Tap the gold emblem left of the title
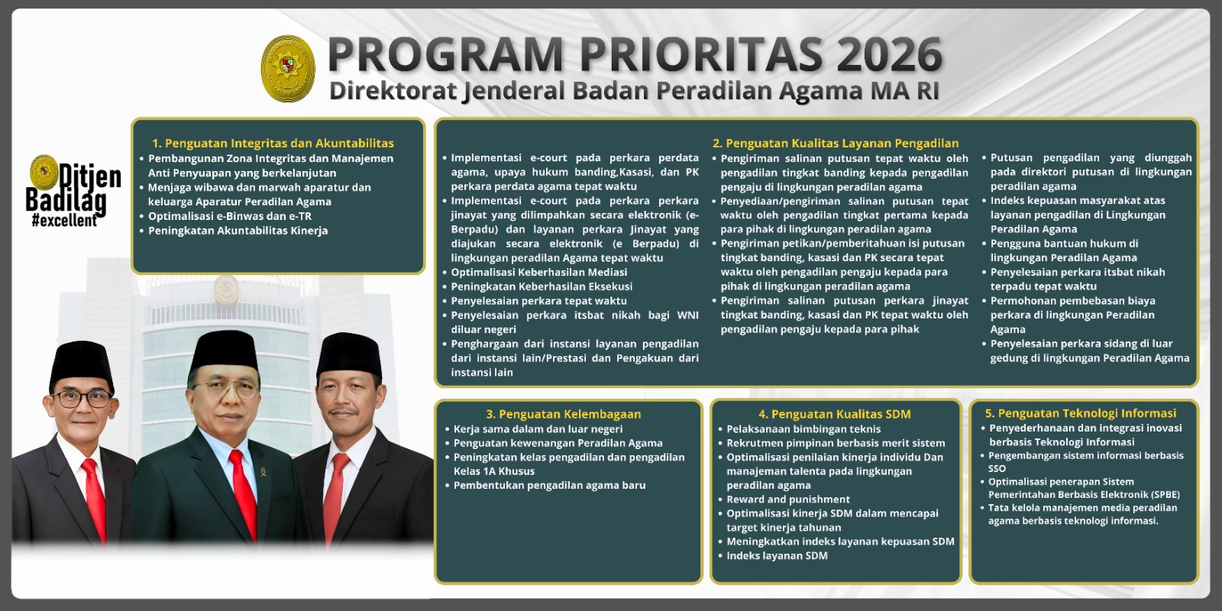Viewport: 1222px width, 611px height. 288,69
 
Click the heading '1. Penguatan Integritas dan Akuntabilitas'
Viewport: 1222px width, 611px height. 273,143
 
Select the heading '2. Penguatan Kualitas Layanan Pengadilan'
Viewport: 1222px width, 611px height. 835,143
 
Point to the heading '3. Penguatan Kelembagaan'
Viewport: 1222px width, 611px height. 563,414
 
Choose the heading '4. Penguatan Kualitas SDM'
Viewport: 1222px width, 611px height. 834,414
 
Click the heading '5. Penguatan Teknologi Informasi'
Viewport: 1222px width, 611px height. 1080,413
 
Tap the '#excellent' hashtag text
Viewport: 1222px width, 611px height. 64,221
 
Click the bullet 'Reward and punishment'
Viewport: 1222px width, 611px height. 787,499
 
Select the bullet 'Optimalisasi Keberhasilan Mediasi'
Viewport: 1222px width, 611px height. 538,272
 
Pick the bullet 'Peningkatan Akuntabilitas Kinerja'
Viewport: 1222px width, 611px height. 238,231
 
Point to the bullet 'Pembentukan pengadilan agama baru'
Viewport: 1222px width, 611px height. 549,485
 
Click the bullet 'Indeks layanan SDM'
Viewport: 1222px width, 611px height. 777,556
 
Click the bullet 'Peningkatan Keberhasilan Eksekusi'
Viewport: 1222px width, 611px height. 541,286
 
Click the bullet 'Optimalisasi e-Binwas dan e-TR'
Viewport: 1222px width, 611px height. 229,216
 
